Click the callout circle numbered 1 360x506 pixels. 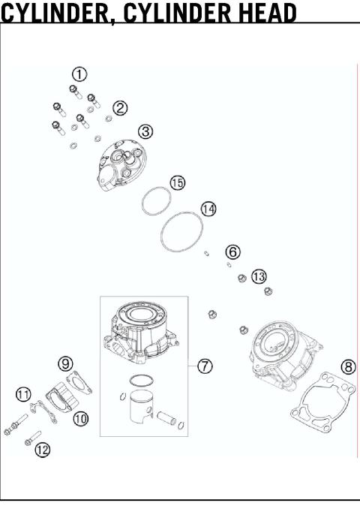79,74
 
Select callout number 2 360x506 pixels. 121,107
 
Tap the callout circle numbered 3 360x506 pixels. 145,131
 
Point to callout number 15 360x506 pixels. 177,182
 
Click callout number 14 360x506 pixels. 208,209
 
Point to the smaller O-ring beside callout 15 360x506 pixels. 156,201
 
